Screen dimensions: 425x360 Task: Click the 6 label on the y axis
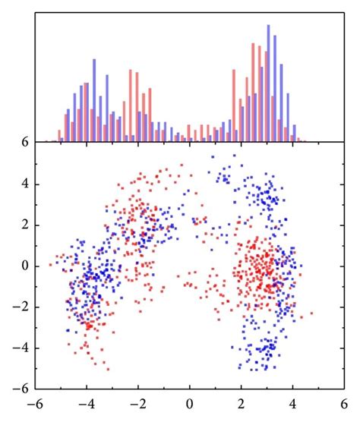(25, 142)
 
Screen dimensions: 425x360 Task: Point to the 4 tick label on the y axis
(25, 184)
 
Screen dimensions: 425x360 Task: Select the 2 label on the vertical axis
(25, 225)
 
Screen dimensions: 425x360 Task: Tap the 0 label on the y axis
(25, 266)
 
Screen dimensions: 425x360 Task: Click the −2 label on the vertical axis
(22, 307)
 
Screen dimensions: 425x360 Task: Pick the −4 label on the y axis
(22, 348)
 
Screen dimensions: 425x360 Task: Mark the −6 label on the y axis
(22, 389)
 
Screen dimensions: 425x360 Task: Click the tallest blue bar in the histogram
(269, 83)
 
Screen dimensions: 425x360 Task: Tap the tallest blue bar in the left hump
(94, 100)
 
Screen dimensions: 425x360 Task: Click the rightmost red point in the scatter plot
(312, 313)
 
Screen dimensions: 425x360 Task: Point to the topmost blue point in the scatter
(234, 156)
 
